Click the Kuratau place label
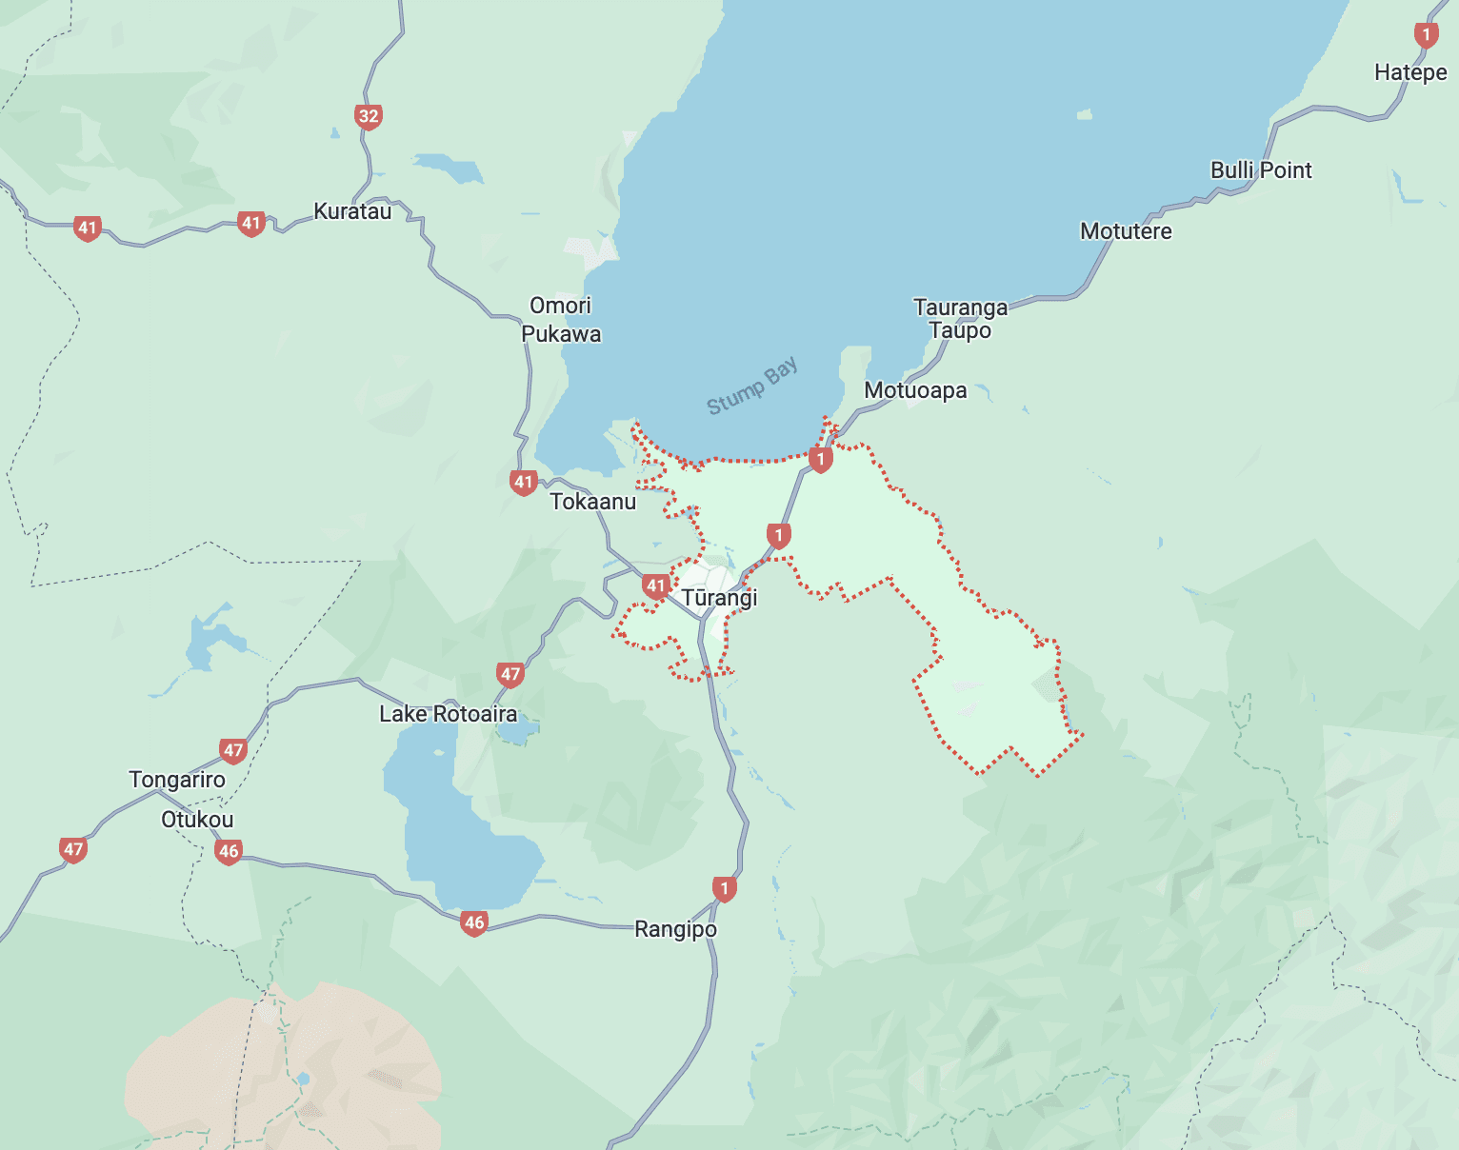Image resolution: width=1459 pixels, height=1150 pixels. [x=352, y=211]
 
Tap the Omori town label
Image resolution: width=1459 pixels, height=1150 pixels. [x=560, y=306]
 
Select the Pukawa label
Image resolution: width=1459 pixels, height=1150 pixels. [x=561, y=334]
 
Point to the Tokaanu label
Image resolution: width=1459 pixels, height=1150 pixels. [x=592, y=502]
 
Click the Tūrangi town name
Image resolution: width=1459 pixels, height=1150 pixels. [x=719, y=598]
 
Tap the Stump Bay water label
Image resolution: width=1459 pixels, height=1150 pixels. [x=752, y=387]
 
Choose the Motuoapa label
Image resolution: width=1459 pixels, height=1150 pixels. [x=915, y=390]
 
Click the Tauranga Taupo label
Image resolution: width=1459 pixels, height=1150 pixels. [x=960, y=319]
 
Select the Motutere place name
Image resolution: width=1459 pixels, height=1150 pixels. [x=1126, y=231]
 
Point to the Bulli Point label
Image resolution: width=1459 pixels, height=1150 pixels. [x=1261, y=170]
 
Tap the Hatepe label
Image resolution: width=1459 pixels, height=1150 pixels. [x=1410, y=72]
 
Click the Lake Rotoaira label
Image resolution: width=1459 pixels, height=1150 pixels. [x=448, y=714]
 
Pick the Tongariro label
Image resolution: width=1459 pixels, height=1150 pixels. [x=177, y=780]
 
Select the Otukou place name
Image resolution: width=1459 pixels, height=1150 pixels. [x=197, y=820]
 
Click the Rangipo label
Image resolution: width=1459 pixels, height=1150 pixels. [x=675, y=929]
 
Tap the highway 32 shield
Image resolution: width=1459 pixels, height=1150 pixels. [x=369, y=117]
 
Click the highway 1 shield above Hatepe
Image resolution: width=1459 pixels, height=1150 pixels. [x=1426, y=35]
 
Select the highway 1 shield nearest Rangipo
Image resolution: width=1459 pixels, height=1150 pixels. [x=725, y=889]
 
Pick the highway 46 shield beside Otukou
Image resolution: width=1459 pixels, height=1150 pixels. [x=229, y=851]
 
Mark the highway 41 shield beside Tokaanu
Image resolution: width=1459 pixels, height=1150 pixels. [x=524, y=482]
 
